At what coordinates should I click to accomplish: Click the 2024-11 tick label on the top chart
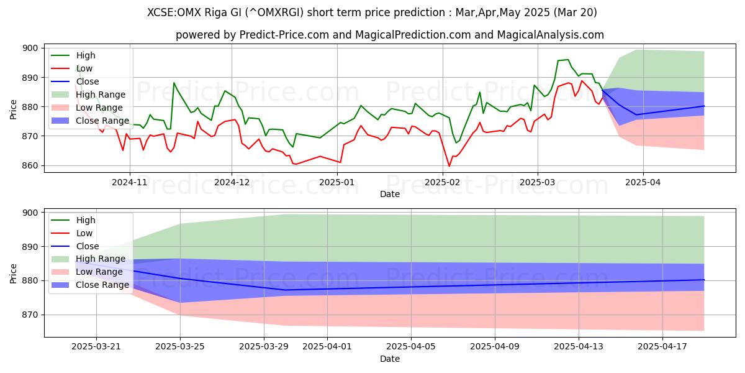point(129,183)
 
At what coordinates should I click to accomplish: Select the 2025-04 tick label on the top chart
point(643,183)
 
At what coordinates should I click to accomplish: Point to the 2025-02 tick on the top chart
point(443,183)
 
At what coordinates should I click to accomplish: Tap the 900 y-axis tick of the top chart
point(29,48)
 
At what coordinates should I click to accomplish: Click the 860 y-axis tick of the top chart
point(29,166)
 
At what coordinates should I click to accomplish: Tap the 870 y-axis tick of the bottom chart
point(29,315)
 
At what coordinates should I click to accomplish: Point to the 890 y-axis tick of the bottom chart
point(29,247)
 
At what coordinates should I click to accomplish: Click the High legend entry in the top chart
point(86,55)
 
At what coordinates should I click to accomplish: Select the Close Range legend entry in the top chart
point(102,121)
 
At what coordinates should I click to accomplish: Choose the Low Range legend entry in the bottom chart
point(99,272)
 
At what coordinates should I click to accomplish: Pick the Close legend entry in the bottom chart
point(87,246)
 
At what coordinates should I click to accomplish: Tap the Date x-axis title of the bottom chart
point(389,359)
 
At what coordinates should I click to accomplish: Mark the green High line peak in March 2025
point(567,60)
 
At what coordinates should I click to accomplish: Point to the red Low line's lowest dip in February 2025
point(449,166)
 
